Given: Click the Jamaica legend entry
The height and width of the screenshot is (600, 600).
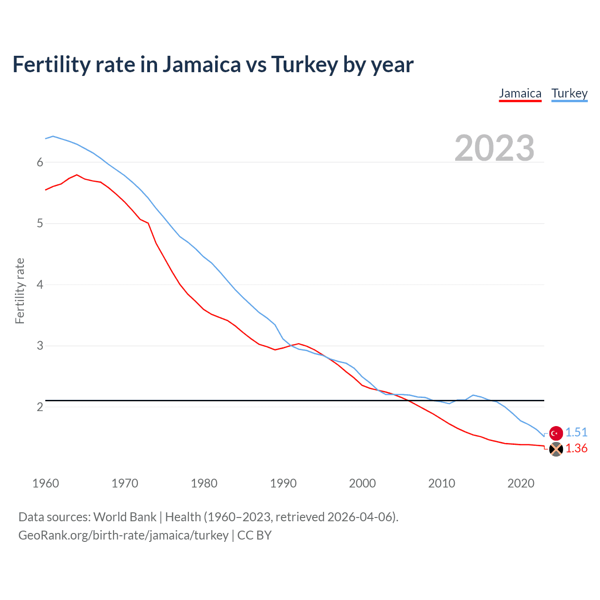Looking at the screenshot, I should (x=520, y=93).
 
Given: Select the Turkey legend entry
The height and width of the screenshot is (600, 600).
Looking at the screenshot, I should (x=569, y=93).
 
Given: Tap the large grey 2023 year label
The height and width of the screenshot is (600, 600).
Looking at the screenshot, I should (x=495, y=148).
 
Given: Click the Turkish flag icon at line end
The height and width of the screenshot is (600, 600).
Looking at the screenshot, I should (x=556, y=433).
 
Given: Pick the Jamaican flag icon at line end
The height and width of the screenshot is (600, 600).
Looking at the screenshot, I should (x=556, y=449).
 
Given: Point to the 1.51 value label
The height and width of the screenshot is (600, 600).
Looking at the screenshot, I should (x=576, y=432).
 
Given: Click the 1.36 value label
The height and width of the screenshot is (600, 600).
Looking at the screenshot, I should (x=576, y=449).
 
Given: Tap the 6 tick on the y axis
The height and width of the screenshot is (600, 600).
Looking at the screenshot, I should (x=40, y=162).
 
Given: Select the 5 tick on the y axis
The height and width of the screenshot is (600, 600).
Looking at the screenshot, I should (x=40, y=224).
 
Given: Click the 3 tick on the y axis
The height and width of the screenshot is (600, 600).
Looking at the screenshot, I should (x=40, y=346).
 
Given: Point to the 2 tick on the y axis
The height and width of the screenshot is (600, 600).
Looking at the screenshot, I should (x=40, y=407).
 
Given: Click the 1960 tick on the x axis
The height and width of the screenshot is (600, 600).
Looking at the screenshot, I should (x=45, y=483).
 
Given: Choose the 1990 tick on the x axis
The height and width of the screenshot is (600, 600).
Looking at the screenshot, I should (x=283, y=483).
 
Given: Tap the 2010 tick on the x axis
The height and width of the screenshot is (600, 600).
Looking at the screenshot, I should (x=442, y=483).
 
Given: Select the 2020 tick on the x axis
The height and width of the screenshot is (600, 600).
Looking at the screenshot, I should (x=521, y=483).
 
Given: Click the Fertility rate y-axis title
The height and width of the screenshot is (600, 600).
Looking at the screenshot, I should (x=20, y=291).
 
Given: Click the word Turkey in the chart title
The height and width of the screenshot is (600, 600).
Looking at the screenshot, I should (x=304, y=65).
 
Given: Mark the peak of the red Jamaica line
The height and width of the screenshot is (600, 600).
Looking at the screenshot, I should (x=77, y=175).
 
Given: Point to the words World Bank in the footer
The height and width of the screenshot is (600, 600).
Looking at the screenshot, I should (x=125, y=517).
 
